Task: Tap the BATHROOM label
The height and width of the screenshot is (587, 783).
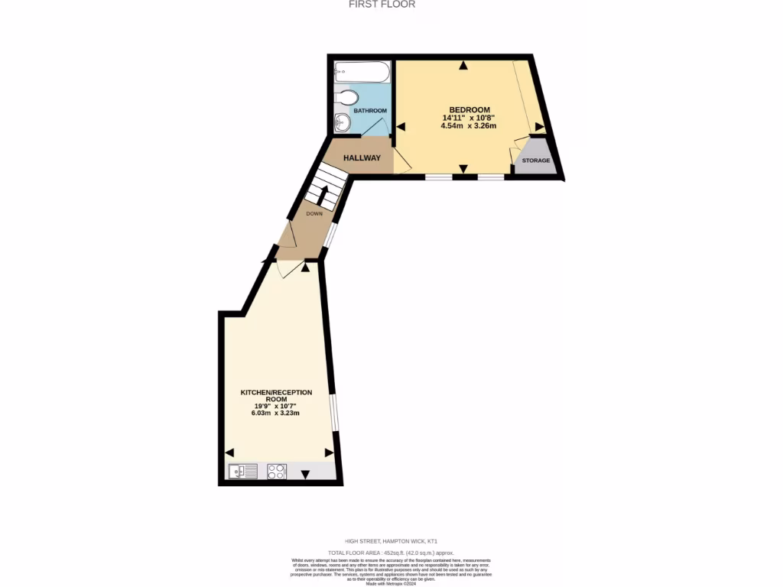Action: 370,111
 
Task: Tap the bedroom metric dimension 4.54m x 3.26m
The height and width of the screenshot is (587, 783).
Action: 469,125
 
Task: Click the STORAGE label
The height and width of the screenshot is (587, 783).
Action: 535,161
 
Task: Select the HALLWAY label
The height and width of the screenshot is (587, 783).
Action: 362,158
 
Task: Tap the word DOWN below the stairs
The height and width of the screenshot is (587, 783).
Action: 314,214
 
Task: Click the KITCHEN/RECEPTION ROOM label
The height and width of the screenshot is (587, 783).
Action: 276,396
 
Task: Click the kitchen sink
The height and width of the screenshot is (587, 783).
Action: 243,472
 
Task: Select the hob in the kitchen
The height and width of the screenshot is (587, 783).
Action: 277,472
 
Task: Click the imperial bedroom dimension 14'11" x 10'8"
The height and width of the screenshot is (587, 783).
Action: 469,118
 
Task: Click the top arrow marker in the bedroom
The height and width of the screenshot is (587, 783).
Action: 463,66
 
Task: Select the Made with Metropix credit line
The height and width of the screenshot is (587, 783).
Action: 391,584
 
